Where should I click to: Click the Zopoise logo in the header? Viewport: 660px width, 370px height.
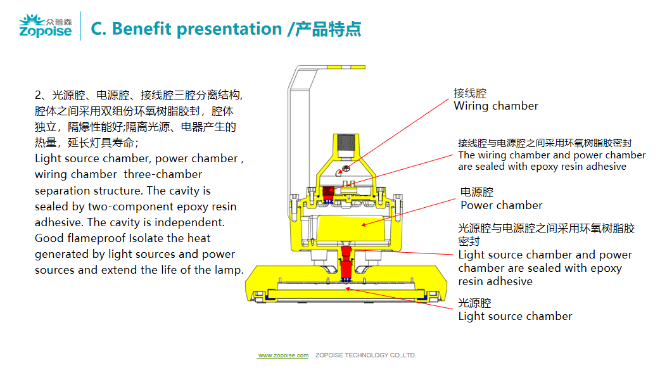pyautogui.click(x=46, y=26)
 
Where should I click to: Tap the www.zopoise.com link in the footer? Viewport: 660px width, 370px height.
pyautogui.click(x=283, y=355)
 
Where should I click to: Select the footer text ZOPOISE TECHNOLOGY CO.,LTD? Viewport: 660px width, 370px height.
pyautogui.click(x=365, y=355)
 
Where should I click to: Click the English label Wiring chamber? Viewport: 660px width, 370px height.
pyautogui.click(x=496, y=106)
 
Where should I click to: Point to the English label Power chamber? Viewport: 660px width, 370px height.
pyautogui.click(x=501, y=205)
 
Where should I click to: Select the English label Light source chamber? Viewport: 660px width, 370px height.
pyautogui.click(x=515, y=316)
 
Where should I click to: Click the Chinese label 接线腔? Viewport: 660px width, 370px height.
pyautogui.click(x=470, y=93)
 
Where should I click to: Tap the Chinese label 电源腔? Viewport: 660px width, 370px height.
pyautogui.click(x=477, y=192)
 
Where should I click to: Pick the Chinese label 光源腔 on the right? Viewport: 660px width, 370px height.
pyautogui.click(x=475, y=303)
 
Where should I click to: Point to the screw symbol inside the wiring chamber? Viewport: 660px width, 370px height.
pyautogui.click(x=346, y=169)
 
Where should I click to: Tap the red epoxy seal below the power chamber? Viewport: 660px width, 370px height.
pyautogui.click(x=346, y=264)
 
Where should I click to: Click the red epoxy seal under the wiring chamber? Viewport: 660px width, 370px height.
pyautogui.click(x=328, y=194)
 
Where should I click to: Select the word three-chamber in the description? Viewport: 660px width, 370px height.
pyautogui.click(x=163, y=174)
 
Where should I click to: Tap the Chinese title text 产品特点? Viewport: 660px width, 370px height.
pyautogui.click(x=328, y=29)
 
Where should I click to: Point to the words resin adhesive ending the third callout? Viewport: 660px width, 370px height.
pyautogui.click(x=495, y=281)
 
